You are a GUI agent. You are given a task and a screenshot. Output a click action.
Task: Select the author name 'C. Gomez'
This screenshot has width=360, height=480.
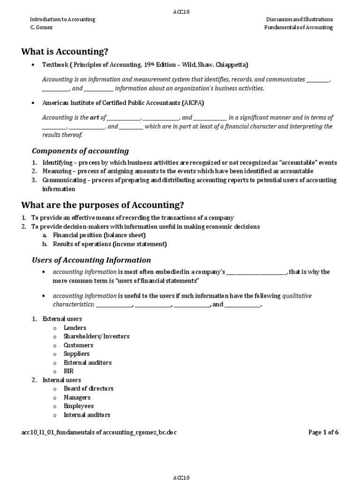(x=42, y=27)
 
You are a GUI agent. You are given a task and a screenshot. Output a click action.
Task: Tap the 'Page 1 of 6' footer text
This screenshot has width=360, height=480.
(x=323, y=432)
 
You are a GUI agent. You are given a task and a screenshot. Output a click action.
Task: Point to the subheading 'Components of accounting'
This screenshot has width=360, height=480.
(x=80, y=151)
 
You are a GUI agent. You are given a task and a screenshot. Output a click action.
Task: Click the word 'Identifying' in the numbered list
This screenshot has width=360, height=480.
(x=57, y=163)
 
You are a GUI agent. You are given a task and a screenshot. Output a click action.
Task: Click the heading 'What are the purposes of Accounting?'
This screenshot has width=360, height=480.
(x=103, y=205)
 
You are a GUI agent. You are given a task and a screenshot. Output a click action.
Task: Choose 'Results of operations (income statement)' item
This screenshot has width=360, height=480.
(x=110, y=244)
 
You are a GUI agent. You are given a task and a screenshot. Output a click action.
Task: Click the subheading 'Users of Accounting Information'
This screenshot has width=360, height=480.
(x=91, y=260)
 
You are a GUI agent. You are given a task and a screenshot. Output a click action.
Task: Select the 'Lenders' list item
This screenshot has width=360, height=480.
(x=75, y=328)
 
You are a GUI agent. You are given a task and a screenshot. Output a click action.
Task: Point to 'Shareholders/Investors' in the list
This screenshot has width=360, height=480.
(x=97, y=336)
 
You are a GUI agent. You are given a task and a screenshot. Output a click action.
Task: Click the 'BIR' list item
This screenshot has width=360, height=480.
(x=69, y=371)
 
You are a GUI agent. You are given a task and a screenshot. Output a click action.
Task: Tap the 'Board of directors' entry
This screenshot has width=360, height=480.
(x=89, y=388)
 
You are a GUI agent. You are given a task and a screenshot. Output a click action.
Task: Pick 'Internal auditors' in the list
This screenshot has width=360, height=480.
(x=87, y=414)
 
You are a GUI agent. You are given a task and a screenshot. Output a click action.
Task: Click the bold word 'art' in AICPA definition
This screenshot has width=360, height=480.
(x=94, y=118)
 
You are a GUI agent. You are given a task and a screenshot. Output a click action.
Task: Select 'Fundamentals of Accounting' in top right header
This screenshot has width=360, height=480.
(x=298, y=27)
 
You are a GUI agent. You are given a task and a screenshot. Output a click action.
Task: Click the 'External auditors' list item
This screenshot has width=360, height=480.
(x=88, y=362)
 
